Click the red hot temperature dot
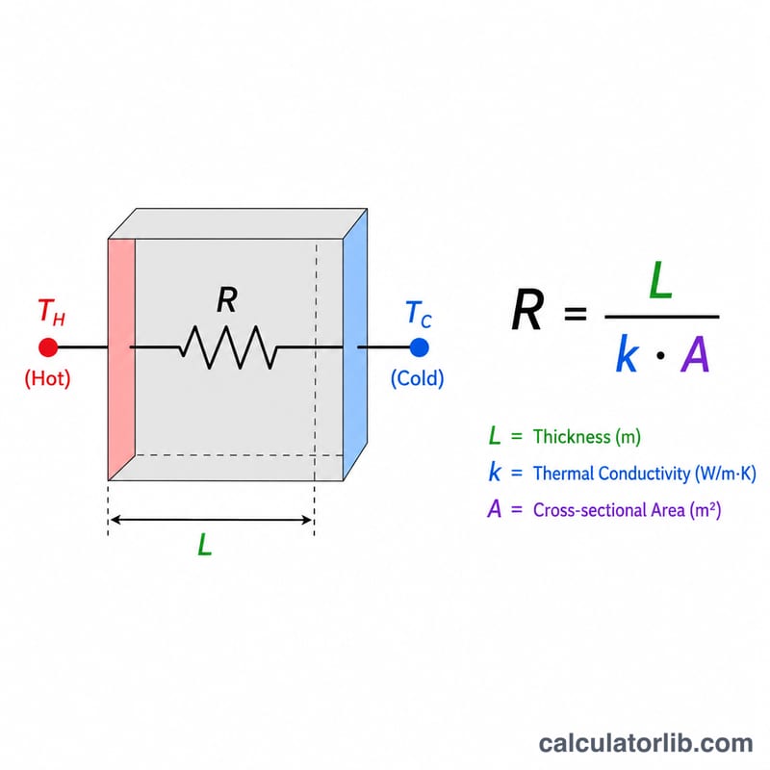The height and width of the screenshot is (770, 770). point(48,347)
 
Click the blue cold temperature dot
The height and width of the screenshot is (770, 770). point(419,347)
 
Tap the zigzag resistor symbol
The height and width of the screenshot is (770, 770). point(229,347)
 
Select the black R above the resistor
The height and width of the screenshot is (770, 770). point(227,300)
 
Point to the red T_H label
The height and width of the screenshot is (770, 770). point(51,312)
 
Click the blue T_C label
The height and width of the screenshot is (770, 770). point(419,315)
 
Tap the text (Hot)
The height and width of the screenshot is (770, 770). point(47,378)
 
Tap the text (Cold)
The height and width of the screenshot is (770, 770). point(418,378)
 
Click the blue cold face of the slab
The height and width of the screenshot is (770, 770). point(355,344)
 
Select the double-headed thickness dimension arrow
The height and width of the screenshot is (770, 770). point(211,520)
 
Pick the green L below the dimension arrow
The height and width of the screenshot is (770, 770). point(204,545)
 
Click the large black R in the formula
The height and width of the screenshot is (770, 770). point(527,310)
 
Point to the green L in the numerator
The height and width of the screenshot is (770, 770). point(660,280)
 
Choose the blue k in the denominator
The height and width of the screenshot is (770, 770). point(628,353)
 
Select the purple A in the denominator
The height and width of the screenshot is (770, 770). point(695,354)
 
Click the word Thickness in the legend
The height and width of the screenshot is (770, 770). point(572,437)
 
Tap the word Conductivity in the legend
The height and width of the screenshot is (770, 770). point(644,474)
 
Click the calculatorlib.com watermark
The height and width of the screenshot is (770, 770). point(646,743)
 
